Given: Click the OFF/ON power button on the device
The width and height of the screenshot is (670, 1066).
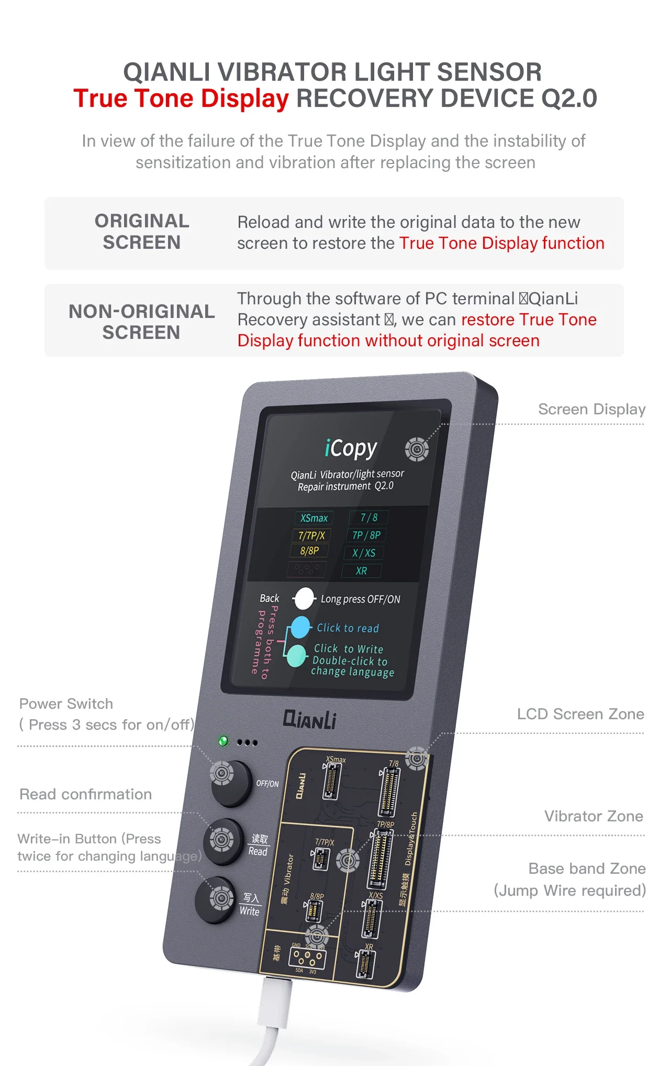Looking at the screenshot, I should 230,783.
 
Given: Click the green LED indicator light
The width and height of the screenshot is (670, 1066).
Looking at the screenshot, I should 223,741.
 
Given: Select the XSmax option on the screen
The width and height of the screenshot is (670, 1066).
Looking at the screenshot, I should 314,518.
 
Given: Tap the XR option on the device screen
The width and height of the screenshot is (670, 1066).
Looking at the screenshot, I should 361,570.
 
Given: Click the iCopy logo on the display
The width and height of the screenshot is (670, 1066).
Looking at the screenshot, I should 350,448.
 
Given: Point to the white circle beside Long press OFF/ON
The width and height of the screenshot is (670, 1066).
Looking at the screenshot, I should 304,599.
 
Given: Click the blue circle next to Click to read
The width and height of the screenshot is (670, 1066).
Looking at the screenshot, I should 300,627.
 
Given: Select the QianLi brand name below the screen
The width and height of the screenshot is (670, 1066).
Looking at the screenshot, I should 309,719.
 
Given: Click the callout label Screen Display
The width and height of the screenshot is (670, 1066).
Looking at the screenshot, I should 591,409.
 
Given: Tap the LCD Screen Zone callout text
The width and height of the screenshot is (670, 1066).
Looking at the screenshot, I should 580,714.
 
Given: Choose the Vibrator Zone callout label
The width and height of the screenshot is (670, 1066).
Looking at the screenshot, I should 593,816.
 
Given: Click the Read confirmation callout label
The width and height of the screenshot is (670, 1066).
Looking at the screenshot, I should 85,794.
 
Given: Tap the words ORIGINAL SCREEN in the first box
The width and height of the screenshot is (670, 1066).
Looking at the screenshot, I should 141,232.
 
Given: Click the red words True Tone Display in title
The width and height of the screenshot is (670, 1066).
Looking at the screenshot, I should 181,98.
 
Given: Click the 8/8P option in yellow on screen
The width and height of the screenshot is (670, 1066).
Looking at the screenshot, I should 309,551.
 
